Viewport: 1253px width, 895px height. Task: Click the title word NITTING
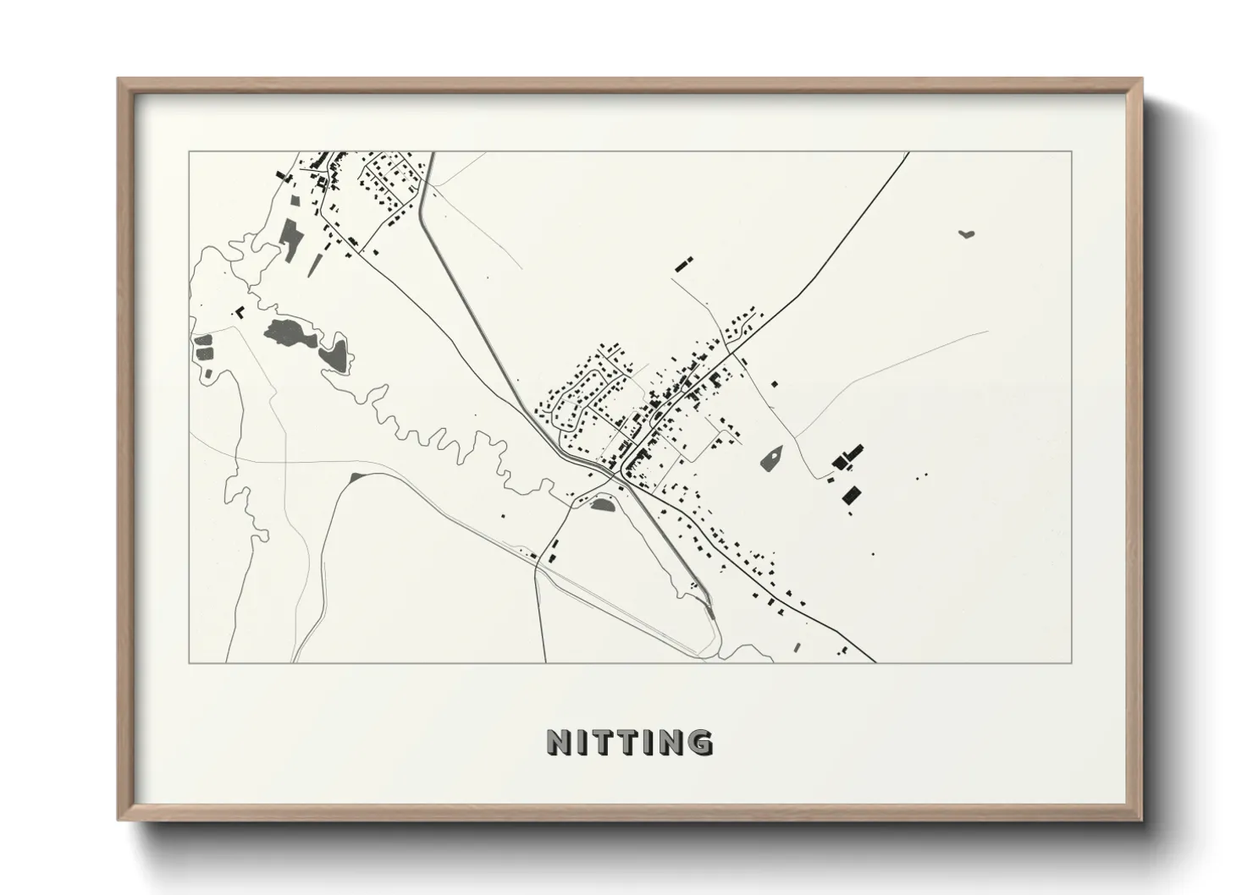pyautogui.click(x=630, y=742)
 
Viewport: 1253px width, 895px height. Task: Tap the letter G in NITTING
pyautogui.click(x=699, y=742)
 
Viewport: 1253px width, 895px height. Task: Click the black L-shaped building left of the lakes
pyautogui.click(x=240, y=311)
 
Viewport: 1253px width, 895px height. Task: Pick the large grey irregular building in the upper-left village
pyautogui.click(x=290, y=234)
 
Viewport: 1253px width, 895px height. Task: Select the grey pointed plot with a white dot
pyautogui.click(x=771, y=458)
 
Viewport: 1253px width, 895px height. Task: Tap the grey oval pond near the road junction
pyautogui.click(x=602, y=505)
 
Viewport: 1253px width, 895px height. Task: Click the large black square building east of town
pyautogui.click(x=851, y=494)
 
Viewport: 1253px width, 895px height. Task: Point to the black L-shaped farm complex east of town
pyautogui.click(x=847, y=458)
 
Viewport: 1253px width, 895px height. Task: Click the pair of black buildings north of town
pyautogui.click(x=684, y=262)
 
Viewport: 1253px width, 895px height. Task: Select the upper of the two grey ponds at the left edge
pyautogui.click(x=204, y=343)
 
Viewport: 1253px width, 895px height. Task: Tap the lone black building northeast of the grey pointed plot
pyautogui.click(x=774, y=384)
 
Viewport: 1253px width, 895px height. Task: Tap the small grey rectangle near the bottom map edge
pyautogui.click(x=797, y=647)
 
